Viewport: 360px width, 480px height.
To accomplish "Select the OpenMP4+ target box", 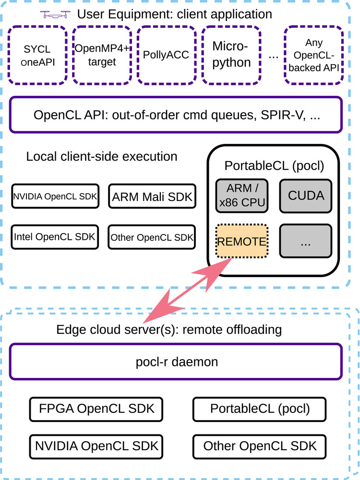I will click(102, 55).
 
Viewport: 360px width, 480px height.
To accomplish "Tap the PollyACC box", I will click(166, 55).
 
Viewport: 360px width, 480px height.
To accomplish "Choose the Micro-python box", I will click(231, 55).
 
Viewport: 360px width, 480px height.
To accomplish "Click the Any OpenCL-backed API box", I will click(314, 55).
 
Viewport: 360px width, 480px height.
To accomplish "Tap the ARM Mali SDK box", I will click(152, 196).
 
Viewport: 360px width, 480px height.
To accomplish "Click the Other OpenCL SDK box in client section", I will click(152, 237).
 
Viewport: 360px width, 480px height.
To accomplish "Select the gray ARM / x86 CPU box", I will click(242, 196).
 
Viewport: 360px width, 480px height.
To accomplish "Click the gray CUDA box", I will click(306, 196).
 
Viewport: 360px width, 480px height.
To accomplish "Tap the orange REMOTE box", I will click(242, 241).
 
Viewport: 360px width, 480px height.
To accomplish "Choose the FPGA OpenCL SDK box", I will click(96, 409).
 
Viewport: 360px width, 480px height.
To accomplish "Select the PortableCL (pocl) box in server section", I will click(260, 409).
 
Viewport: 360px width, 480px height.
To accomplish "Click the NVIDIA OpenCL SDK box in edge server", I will click(96, 446).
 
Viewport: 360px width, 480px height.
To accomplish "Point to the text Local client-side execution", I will click(102, 157).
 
